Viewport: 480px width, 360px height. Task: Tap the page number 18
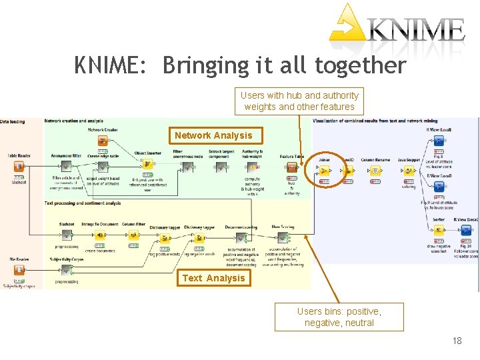[x=457, y=341]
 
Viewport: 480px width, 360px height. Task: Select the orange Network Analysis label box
[x=213, y=136]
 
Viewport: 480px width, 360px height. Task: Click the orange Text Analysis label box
[x=213, y=278]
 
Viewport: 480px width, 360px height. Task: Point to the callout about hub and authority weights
[x=299, y=101]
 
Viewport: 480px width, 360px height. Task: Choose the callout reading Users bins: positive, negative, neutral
[x=339, y=317]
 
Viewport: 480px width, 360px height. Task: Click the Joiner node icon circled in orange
[x=324, y=170]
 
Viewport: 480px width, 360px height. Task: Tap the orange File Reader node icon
[x=19, y=270]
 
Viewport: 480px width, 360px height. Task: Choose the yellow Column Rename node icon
[x=376, y=170]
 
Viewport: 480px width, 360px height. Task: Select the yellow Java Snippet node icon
[x=409, y=170]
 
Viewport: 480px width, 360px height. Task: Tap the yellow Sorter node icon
[x=438, y=230]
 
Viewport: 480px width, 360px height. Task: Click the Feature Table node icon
[x=291, y=167]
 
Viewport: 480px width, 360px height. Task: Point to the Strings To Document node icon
[x=100, y=235]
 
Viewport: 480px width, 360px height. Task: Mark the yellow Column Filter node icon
[x=133, y=235]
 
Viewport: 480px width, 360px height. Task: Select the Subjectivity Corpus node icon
[x=66, y=270]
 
